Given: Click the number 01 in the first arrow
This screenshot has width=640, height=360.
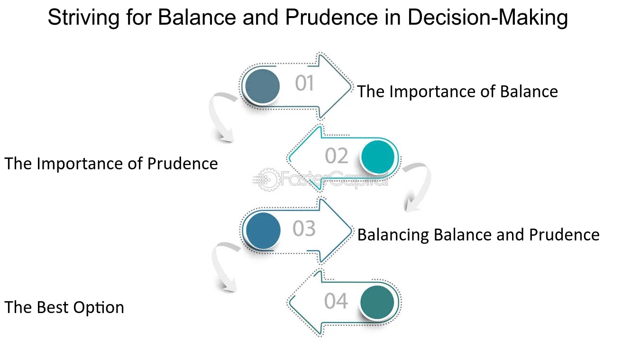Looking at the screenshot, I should (304, 83).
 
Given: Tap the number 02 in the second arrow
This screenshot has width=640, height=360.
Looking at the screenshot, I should (337, 156).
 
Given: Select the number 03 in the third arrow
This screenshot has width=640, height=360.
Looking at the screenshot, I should (304, 229).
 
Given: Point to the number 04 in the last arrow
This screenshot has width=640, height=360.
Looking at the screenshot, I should (336, 301).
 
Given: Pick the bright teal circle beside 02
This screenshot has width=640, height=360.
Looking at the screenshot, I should (378, 157).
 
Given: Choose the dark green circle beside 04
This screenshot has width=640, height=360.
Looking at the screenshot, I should (377, 302).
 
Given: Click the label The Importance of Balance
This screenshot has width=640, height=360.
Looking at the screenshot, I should (457, 92).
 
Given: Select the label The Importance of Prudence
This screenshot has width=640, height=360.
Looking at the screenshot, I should (111, 164).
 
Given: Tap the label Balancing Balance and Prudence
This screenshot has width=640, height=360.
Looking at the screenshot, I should (478, 235).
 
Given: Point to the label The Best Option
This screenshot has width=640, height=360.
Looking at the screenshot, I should (64, 307).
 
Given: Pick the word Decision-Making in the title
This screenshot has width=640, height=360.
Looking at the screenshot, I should (487, 18).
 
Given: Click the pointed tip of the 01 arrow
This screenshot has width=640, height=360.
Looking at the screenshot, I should (352, 87).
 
